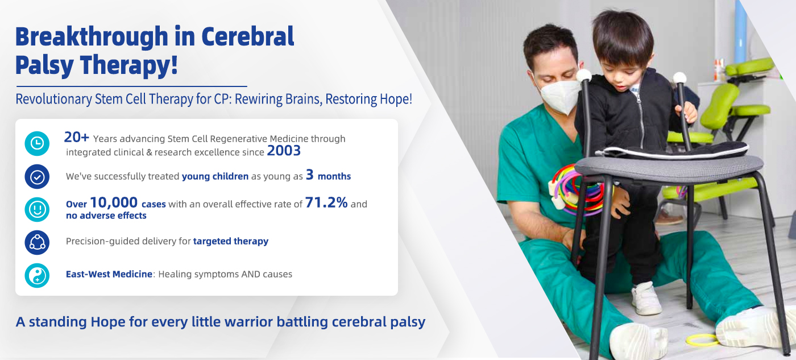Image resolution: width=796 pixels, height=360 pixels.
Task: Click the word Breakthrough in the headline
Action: (92, 36)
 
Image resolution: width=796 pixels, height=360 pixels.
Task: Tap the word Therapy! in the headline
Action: (128, 65)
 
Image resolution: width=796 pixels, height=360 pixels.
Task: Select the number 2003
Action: (284, 151)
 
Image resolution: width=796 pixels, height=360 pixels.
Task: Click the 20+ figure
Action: (76, 137)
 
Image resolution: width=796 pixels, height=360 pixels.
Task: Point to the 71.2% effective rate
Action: (326, 202)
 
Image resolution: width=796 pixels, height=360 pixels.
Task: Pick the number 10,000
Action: (114, 202)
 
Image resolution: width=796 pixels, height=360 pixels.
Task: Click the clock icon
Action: (37, 143)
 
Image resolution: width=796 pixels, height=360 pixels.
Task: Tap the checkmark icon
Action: (37, 177)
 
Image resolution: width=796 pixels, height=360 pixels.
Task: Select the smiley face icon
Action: (37, 210)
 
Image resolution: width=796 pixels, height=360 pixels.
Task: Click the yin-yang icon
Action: (37, 275)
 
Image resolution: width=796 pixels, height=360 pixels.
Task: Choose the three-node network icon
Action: (37, 242)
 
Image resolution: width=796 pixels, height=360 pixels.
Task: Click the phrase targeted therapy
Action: (231, 241)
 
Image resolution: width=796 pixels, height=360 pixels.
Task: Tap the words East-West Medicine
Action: (109, 274)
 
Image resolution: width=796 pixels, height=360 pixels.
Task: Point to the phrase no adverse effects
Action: (106, 216)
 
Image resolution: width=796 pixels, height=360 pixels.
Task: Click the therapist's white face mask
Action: (561, 95)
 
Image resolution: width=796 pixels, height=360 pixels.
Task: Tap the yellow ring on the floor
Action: (702, 340)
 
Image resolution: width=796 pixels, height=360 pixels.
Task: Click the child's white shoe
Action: (646, 299)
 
